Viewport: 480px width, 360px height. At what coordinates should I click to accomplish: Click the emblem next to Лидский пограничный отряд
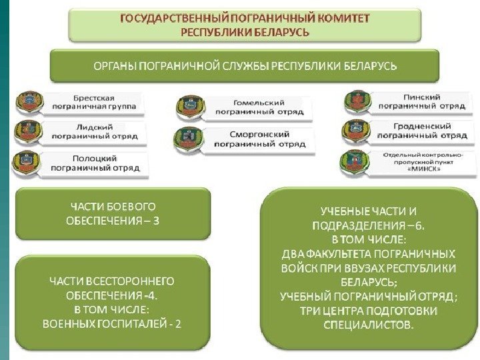click(30, 131)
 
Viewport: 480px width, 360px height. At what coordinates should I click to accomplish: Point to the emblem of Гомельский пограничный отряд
click(188, 107)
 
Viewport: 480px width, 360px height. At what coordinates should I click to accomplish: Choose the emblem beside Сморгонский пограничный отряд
click(187, 139)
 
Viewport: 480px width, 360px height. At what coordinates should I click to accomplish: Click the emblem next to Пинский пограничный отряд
click(356, 102)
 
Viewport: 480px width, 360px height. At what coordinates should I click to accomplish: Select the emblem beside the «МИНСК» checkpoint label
click(353, 163)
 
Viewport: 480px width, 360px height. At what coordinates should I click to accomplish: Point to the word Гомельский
click(259, 103)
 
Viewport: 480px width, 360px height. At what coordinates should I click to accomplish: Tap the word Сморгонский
click(259, 133)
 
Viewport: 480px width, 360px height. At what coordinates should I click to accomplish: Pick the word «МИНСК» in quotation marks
click(423, 170)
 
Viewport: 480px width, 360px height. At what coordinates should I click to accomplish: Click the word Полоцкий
click(95, 159)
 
